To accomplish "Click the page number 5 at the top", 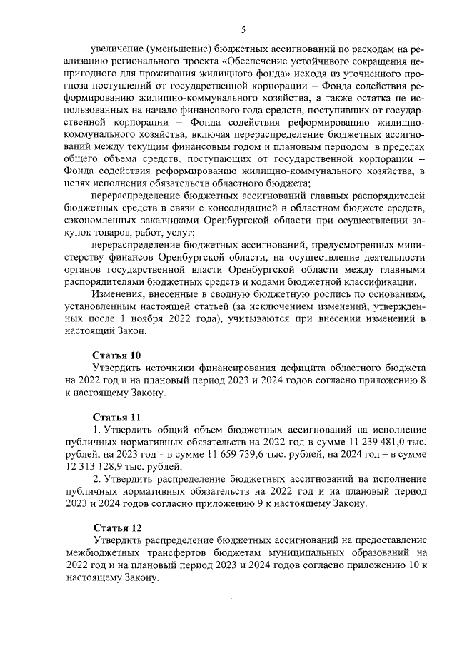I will click(x=243, y=29).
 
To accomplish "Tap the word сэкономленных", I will click(x=99, y=220).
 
